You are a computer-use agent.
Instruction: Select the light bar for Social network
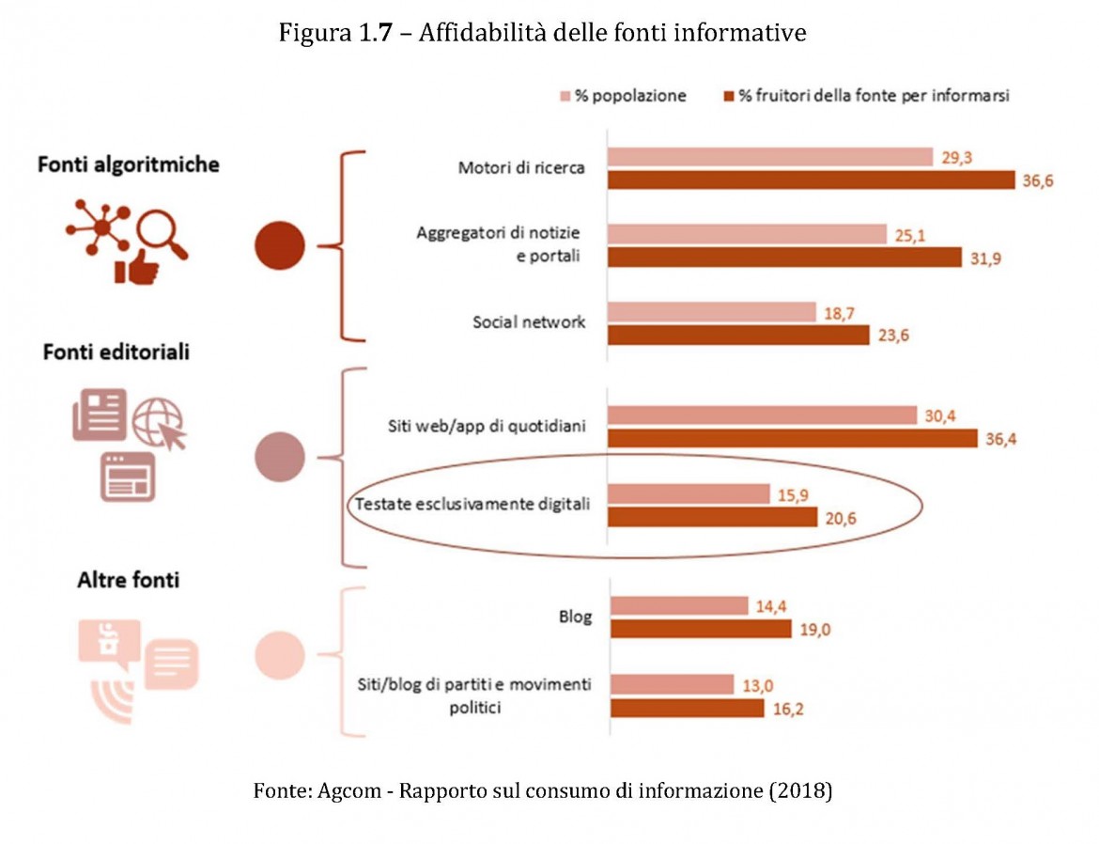click(712, 312)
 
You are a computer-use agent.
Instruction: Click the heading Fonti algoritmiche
click(129, 164)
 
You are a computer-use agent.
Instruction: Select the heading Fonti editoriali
click(116, 352)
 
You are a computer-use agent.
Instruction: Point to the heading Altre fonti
click(128, 580)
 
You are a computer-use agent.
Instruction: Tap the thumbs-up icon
click(135, 268)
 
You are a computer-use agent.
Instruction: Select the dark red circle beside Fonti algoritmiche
click(280, 247)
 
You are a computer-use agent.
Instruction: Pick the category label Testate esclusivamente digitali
click(472, 505)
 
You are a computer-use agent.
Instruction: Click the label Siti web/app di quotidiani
click(488, 427)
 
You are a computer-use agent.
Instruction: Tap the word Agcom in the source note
click(347, 790)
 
